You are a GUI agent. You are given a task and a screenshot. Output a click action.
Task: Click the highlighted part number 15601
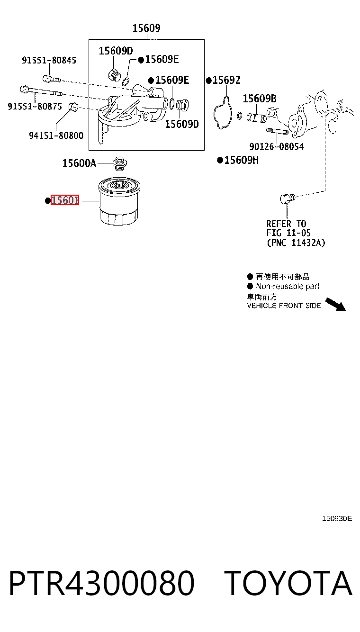point(64,200)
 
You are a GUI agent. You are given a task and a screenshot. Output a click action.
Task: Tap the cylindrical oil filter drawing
point(119,201)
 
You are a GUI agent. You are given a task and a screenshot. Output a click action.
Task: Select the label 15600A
point(79,163)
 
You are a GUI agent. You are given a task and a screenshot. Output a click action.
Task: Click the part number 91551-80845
point(49,60)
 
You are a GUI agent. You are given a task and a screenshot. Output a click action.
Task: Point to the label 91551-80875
point(35,106)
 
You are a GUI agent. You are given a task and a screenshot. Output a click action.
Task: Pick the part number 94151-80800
point(56,135)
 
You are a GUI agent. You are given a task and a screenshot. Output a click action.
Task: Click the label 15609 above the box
point(146,28)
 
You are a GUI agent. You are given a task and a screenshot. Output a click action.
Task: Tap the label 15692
point(226,80)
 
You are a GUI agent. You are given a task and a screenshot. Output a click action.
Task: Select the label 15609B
point(260,99)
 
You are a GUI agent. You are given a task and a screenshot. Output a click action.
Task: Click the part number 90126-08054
point(277,146)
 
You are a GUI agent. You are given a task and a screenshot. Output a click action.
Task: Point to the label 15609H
point(242,160)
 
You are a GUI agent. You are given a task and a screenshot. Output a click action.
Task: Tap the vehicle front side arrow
point(336,305)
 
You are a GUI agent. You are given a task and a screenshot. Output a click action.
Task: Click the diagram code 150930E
point(337,519)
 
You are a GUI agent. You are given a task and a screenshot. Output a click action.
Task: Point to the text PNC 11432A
point(296,243)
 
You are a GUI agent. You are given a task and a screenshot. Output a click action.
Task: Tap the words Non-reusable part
point(288,286)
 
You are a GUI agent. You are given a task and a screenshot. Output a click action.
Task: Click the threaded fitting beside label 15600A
point(120,163)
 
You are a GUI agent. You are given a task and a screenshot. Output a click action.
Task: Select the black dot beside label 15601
point(48,200)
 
